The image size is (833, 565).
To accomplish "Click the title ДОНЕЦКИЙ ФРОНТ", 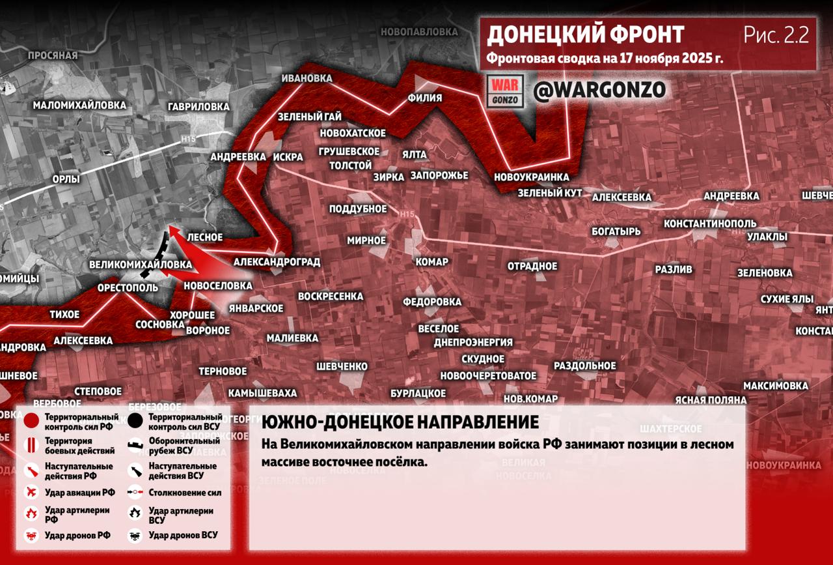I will pos(585,35).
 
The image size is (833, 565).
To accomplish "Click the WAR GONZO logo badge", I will pos(505,91).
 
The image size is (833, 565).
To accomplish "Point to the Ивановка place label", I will pos(307,78).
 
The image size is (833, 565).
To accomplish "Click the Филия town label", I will pos(424,98).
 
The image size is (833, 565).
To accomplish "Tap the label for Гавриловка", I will pos(198,106).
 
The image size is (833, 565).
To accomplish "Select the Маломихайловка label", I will pos(79,105).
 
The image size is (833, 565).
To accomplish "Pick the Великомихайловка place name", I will pos(141,265).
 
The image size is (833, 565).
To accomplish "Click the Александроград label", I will pos(277,262).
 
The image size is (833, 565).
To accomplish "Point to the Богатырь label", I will pos(616,231).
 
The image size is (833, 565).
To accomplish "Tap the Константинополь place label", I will pos(709,224).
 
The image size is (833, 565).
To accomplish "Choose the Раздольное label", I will pos(584,366).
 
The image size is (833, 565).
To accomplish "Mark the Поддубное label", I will pos(357,209).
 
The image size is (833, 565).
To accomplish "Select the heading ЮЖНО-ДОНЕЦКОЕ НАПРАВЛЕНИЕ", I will pos(400,422).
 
